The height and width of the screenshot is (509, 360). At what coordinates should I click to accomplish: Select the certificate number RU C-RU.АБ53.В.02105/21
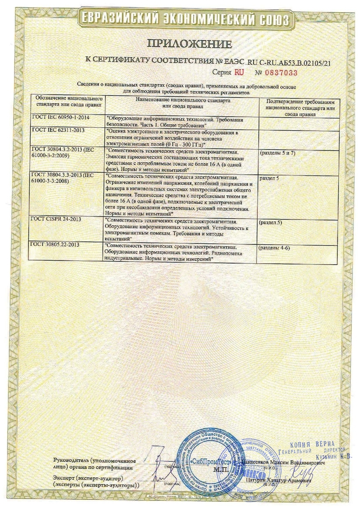290,63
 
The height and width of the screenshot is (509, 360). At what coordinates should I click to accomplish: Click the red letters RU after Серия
240,72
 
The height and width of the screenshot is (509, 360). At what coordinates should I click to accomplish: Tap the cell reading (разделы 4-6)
275,248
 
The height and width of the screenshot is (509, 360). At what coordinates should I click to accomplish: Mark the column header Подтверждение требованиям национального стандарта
300,107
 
